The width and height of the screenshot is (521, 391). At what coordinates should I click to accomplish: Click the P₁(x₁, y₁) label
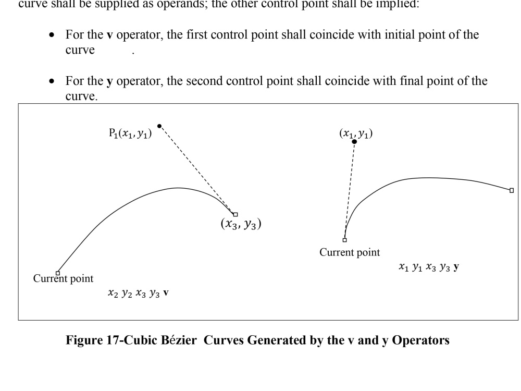pos(130,133)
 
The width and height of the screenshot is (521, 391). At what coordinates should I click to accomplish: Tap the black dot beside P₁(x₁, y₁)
pos(159,126)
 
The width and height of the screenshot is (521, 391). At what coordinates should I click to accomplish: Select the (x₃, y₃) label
pos(241,224)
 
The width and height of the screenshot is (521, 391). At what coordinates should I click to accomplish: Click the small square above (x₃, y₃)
pos(235,214)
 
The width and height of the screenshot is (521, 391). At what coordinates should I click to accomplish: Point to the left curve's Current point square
pos(58,273)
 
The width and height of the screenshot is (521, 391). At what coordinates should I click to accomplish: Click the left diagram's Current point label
pos(63,278)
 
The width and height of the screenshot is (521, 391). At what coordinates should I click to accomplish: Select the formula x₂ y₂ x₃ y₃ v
pos(138,293)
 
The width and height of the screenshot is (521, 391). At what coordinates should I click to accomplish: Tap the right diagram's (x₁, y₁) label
pos(356,133)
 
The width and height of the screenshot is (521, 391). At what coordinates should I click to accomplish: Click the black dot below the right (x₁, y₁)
pos(354,142)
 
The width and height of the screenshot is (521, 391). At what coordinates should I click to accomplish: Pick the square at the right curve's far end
pos(512,190)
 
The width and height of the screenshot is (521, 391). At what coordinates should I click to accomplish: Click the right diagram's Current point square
pos(344,240)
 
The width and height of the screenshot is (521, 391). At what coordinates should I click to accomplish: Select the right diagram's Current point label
pos(350,252)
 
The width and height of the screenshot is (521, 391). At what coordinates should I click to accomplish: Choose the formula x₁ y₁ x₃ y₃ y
pos(429,267)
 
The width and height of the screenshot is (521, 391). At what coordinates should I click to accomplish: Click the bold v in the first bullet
pos(109,35)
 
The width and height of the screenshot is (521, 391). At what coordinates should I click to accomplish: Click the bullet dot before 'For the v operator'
pos(52,34)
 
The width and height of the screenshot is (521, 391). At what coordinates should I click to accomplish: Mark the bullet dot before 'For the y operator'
pos(52,81)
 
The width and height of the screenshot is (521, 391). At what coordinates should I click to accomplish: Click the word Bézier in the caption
pos(179,340)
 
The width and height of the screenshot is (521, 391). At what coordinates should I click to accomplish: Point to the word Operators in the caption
pos(420,340)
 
